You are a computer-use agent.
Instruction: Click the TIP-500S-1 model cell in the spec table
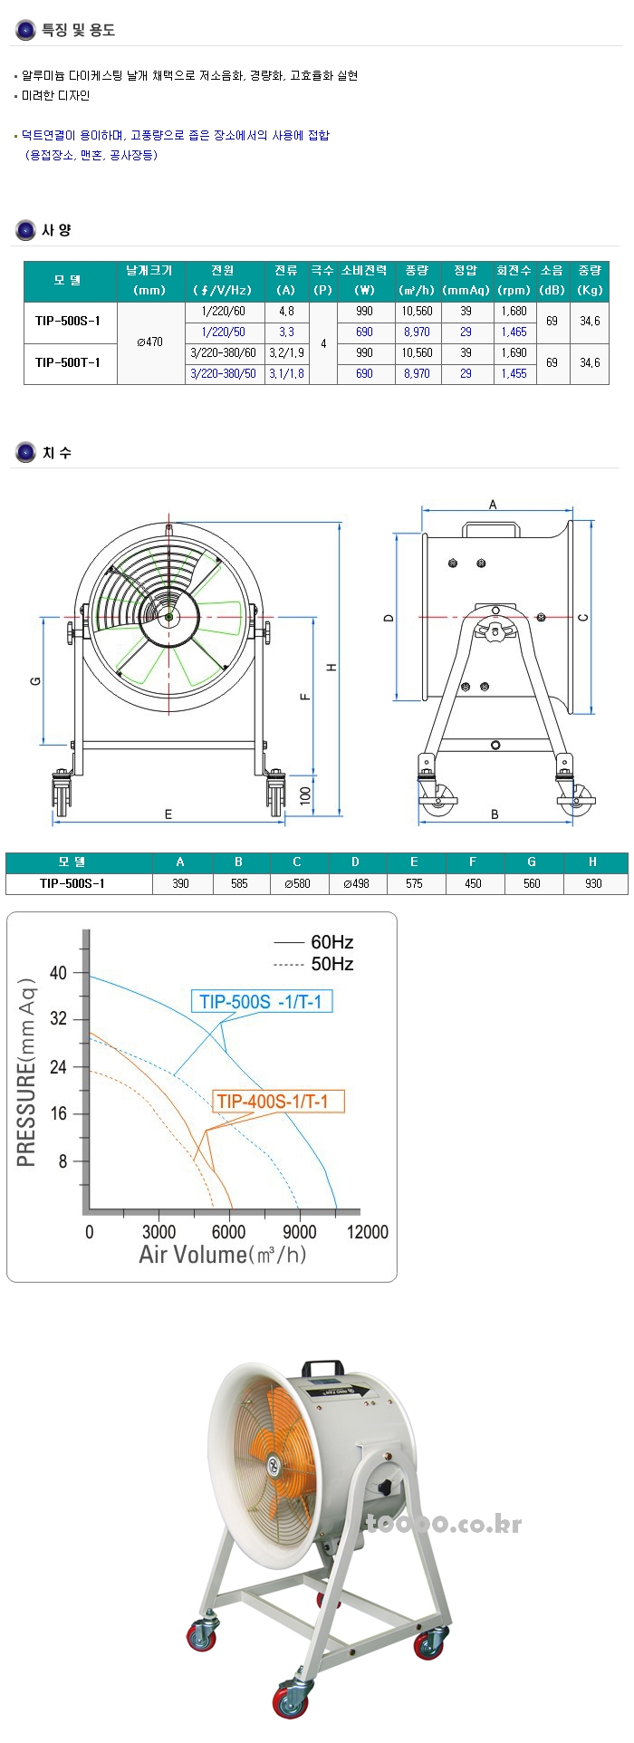click(x=68, y=322)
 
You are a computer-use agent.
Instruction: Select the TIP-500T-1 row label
click(x=68, y=363)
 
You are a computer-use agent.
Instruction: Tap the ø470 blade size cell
click(x=149, y=342)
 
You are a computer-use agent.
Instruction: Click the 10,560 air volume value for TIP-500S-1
click(x=417, y=312)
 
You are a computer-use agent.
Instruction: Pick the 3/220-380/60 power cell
click(x=223, y=353)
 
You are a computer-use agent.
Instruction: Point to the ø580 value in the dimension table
click(x=296, y=883)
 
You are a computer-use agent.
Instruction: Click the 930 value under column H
click(x=593, y=883)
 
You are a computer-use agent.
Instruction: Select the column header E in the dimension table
click(x=414, y=862)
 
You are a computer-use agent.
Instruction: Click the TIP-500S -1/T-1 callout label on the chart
click(x=261, y=1002)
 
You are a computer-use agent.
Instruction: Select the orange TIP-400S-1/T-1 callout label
click(x=273, y=1102)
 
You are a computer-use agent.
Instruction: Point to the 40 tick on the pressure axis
click(x=59, y=973)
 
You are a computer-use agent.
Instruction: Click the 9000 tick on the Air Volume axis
click(x=299, y=1232)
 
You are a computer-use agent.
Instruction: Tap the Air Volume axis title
click(x=223, y=1255)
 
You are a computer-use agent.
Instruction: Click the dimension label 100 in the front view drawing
click(x=305, y=795)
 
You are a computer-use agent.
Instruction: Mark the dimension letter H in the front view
click(x=331, y=668)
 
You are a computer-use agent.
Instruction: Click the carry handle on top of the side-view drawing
click(x=490, y=528)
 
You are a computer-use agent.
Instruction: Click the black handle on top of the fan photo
click(x=322, y=1367)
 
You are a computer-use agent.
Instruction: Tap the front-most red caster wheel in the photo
click(x=292, y=1701)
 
